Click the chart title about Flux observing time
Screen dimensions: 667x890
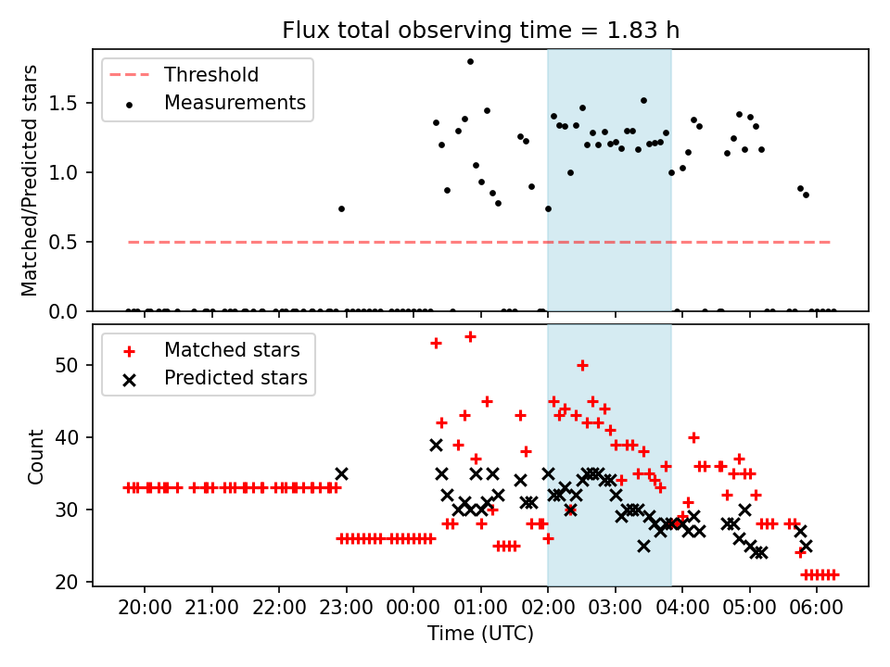[480, 31]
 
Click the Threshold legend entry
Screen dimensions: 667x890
[211, 75]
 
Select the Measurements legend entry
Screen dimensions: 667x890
[235, 103]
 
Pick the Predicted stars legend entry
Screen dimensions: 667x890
[235, 378]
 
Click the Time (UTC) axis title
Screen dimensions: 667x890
[480, 635]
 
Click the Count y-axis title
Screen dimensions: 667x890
[36, 456]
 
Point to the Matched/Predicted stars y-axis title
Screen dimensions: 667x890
[31, 181]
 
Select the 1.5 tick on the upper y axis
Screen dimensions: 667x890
[70, 103]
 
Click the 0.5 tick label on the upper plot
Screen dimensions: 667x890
[70, 242]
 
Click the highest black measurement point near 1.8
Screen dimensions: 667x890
[470, 62]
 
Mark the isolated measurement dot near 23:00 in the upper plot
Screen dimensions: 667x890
[341, 208]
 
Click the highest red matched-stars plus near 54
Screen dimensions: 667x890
[470, 336]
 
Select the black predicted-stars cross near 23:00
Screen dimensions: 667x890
[341, 473]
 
